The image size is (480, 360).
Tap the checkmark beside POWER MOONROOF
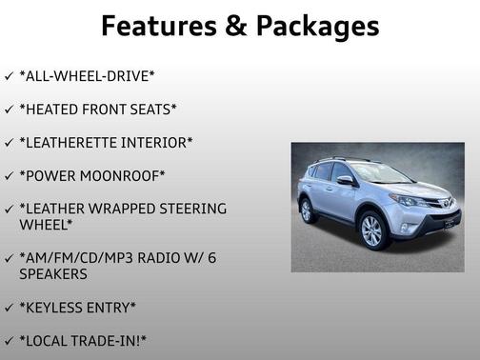(x=9, y=176)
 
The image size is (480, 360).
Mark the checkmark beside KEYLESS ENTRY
(x=9, y=307)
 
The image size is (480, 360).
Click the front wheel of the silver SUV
(x=371, y=231)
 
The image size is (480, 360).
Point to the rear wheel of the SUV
(x=309, y=210)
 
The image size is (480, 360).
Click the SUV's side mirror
(x=344, y=180)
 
